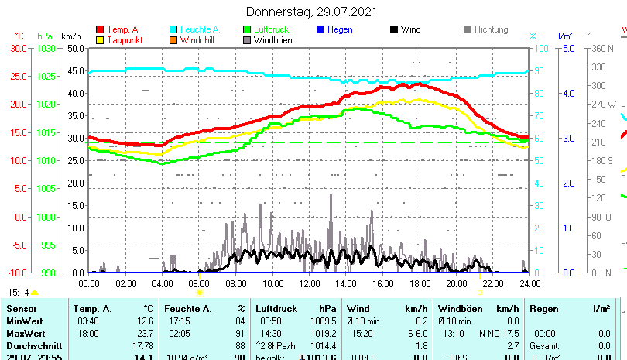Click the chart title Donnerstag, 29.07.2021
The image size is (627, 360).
(x=312, y=12)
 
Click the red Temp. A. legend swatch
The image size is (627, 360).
(x=100, y=29)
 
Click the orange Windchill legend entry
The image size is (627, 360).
(x=197, y=40)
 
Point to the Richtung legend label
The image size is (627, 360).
(x=491, y=29)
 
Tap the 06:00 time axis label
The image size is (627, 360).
(x=199, y=284)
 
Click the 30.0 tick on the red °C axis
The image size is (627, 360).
(x=19, y=48)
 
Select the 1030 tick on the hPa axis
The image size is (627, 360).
(x=46, y=48)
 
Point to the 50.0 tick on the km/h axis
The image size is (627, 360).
(x=77, y=48)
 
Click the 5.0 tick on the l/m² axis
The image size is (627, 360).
(x=567, y=48)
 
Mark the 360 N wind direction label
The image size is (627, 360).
(x=604, y=48)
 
